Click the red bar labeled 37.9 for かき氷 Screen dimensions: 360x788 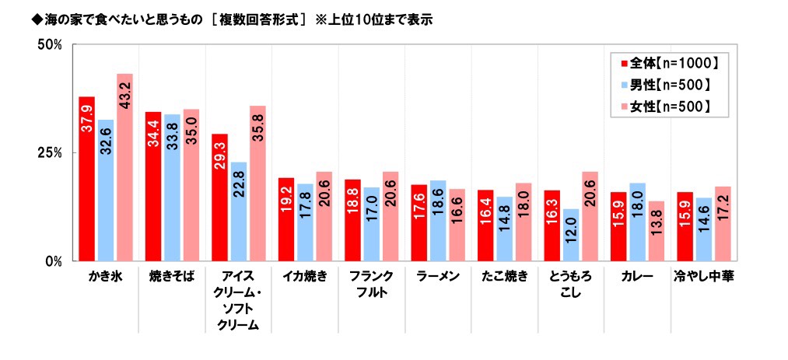point(87,179)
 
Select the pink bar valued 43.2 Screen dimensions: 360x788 point(124,167)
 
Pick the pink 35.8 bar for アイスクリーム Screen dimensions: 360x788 point(257,183)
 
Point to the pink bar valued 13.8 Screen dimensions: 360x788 point(657,231)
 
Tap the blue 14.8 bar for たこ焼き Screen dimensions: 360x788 point(505,229)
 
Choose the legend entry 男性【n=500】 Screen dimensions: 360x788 point(666,85)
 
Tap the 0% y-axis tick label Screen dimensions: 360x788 point(54,261)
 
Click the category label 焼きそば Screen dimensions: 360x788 point(172,277)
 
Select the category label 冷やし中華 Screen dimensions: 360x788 point(705,277)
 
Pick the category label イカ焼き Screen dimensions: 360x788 point(305,277)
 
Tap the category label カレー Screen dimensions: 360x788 point(638,277)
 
